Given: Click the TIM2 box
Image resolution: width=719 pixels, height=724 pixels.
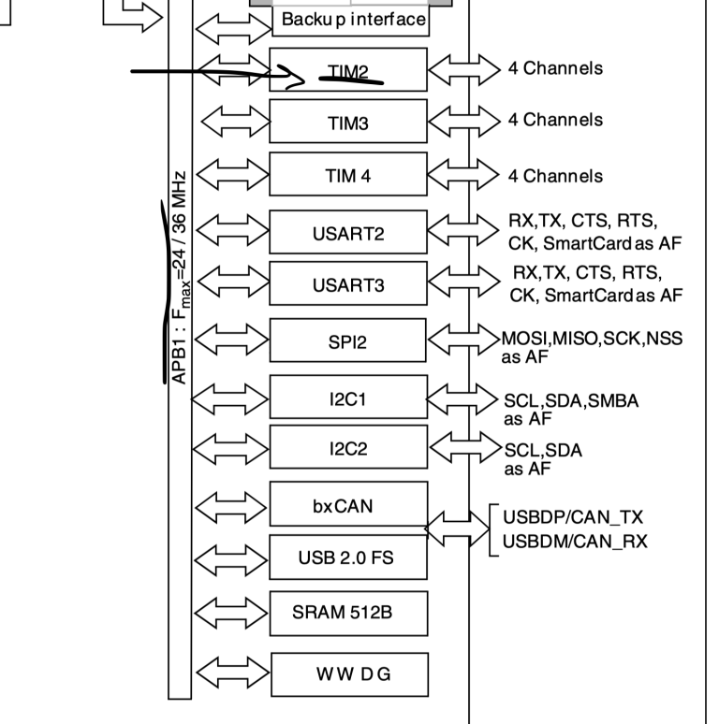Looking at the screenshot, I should (348, 69).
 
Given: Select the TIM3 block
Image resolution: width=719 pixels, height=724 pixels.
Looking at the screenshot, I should (348, 122).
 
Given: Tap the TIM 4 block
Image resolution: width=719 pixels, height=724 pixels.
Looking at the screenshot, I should (348, 176).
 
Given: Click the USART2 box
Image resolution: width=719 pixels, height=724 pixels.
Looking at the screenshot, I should (348, 233).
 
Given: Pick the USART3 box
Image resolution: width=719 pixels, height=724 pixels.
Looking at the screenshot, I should (348, 284).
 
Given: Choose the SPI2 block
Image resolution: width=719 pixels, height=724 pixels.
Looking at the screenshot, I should (348, 341).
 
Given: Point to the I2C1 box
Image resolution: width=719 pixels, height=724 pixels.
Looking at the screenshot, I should (348, 398).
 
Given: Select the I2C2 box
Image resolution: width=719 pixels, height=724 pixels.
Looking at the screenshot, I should (348, 448).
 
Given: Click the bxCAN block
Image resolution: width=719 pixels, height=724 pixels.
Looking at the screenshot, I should (348, 505).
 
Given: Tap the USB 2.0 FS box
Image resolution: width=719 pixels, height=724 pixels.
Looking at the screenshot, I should (348, 557).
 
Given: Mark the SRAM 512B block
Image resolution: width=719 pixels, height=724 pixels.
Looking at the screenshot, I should (348, 613).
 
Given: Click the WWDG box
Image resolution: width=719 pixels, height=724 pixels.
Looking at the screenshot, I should (348, 672).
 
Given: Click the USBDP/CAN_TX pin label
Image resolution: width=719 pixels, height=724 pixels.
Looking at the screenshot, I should (573, 516).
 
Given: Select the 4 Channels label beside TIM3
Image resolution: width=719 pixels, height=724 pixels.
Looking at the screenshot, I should (555, 120).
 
